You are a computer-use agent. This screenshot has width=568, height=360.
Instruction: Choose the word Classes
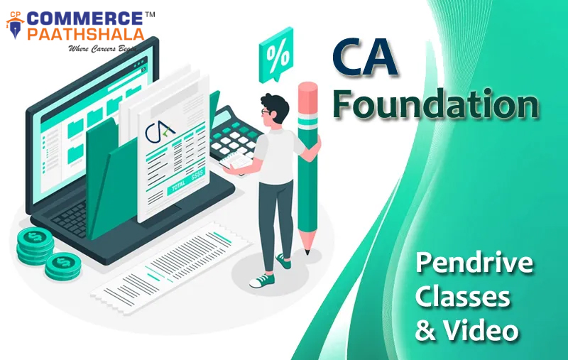tap(462, 297)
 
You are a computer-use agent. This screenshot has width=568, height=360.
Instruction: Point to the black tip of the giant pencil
tap(307, 251)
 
